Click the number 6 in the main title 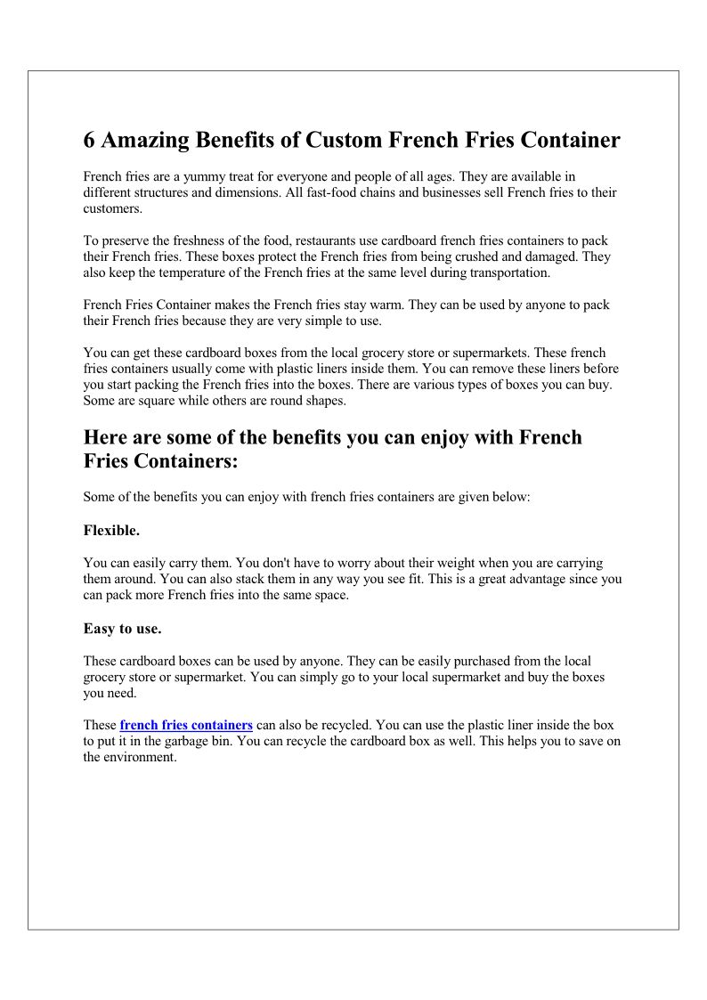coord(90,141)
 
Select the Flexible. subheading coord(111,530)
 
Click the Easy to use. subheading coord(122,628)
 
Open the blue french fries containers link coord(186,725)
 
